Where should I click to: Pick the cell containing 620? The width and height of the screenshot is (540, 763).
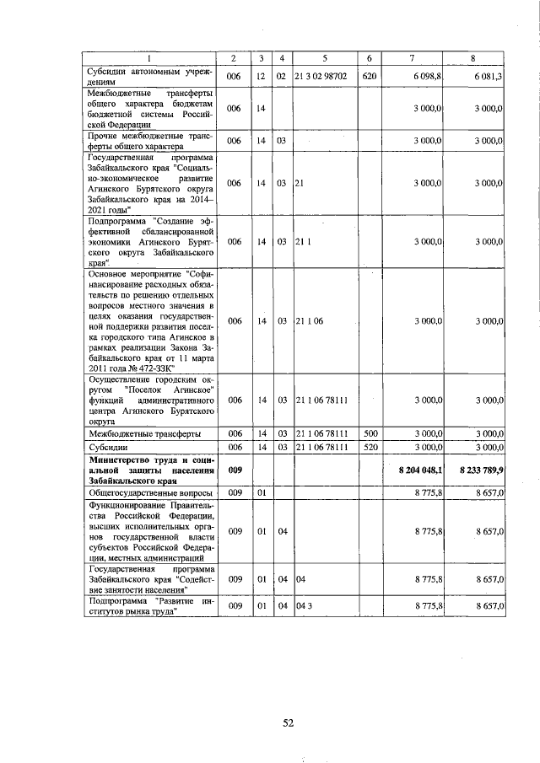(369, 76)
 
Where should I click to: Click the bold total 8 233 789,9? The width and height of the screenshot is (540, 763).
(483, 469)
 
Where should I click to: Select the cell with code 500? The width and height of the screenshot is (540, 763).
(369, 433)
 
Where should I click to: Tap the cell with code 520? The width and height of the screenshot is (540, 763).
(369, 446)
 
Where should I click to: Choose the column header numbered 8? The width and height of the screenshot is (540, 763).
(473, 57)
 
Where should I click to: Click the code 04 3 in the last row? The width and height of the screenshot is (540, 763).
(302, 606)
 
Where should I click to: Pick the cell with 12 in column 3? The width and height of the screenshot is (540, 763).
(262, 76)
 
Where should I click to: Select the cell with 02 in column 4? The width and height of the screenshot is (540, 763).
(282, 76)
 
